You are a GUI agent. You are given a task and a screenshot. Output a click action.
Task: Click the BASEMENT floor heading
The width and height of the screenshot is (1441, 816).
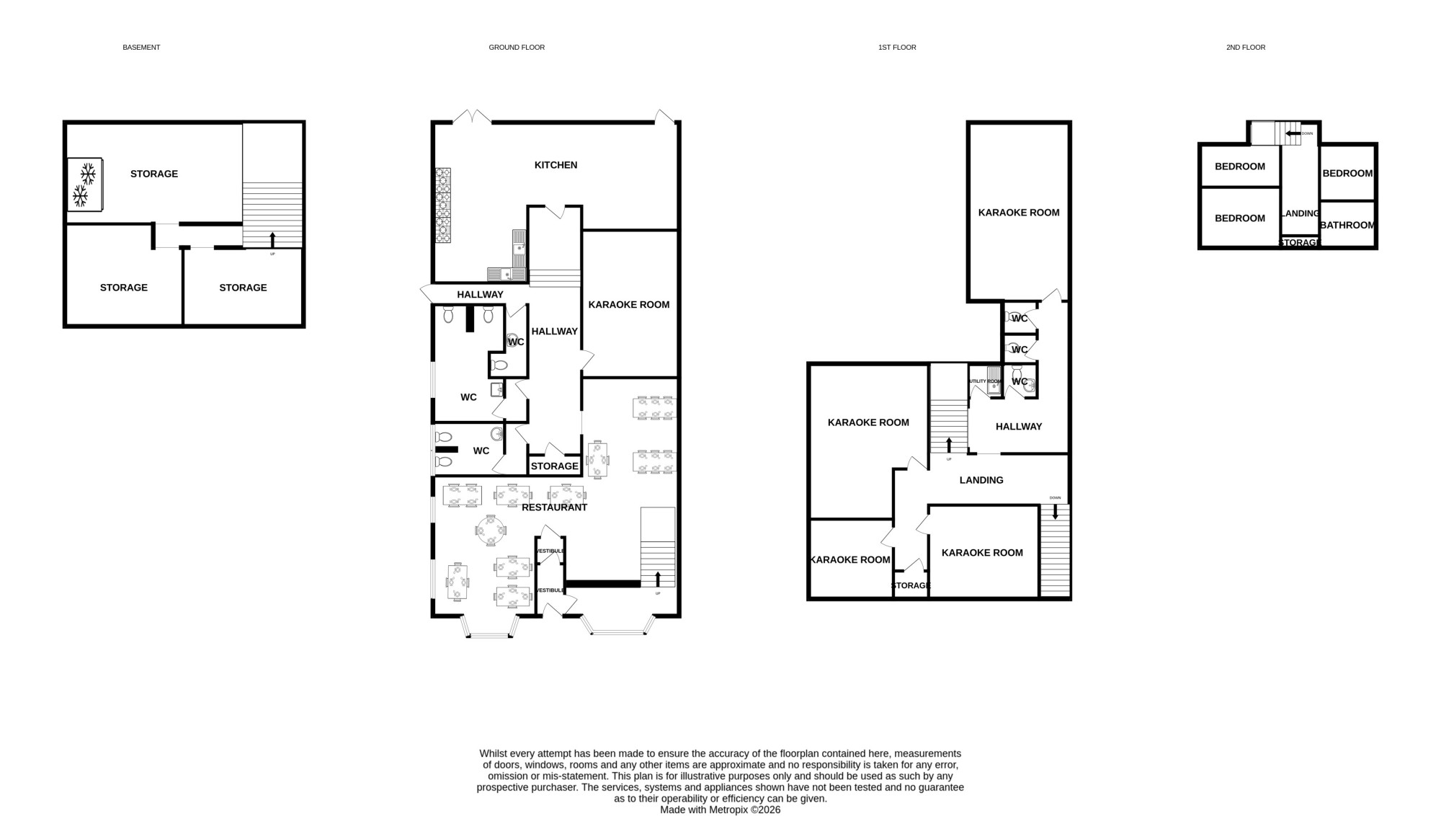click(141, 48)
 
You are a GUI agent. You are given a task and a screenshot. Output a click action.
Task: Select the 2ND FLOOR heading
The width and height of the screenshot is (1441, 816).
click(1246, 48)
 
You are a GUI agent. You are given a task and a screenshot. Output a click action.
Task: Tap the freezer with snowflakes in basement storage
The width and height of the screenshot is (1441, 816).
click(86, 185)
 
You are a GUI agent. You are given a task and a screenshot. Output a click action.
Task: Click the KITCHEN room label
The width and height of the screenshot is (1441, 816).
click(556, 165)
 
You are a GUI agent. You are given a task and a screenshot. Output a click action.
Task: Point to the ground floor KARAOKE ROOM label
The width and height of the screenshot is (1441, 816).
click(629, 305)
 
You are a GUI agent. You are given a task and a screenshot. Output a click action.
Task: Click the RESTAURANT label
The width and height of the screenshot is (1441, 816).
click(555, 507)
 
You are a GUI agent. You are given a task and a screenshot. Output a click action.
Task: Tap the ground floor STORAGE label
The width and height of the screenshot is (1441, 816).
click(555, 466)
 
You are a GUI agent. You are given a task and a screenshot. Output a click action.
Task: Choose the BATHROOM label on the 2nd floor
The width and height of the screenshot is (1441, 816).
click(1347, 225)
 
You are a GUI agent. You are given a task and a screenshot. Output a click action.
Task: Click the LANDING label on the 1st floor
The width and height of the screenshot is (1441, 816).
click(981, 480)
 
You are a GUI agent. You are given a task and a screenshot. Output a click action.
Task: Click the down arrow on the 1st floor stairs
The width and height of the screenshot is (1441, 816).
click(1056, 512)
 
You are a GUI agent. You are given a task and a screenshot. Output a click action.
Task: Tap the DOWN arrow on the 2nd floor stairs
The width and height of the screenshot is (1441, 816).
click(1293, 133)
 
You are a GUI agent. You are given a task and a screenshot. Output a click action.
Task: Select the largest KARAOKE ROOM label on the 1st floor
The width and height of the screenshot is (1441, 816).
click(1019, 213)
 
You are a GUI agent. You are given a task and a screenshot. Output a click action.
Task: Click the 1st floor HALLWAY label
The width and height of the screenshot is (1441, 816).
click(1019, 427)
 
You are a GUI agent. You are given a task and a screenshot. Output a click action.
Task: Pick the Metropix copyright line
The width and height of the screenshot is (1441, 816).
click(720, 810)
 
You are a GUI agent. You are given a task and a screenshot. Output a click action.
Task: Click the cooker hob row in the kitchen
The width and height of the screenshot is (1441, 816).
click(443, 205)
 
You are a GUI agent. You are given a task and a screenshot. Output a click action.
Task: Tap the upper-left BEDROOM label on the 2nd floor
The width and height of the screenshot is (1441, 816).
click(1240, 167)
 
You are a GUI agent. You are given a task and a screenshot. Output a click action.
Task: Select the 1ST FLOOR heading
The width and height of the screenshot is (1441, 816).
click(897, 48)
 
